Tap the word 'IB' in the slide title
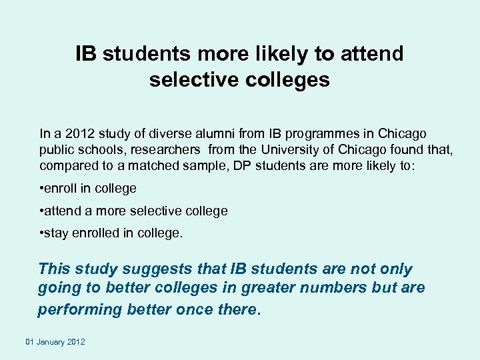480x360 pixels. pyautogui.click(x=85, y=53)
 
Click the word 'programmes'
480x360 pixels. pyautogui.click(x=317, y=133)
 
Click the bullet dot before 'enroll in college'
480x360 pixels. pyautogui.click(x=42, y=189)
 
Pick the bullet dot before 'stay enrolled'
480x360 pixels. pyautogui.click(x=42, y=234)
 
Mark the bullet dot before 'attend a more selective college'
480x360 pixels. pyautogui.click(x=42, y=211)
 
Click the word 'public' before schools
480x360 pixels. pyautogui.click(x=55, y=149)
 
